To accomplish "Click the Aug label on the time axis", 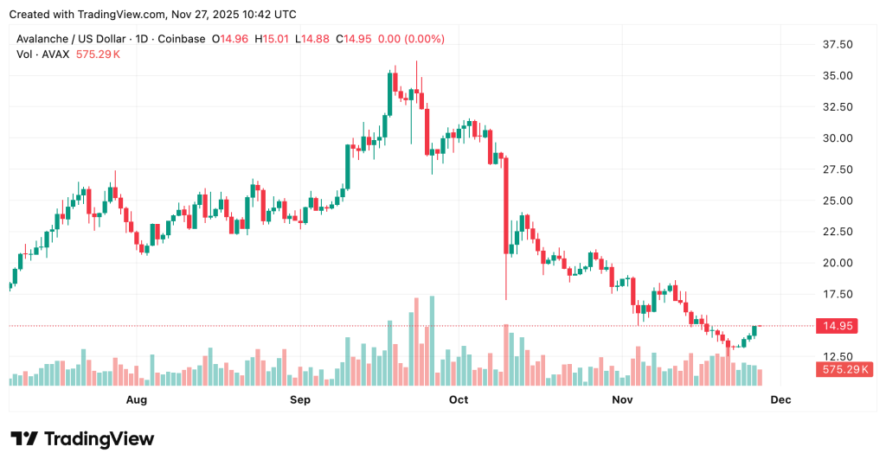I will click(x=137, y=399).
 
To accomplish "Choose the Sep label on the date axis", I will click(x=299, y=399).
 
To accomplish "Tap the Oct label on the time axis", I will click(x=459, y=399).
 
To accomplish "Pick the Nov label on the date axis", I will click(x=621, y=399).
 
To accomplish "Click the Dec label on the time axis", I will click(x=780, y=399).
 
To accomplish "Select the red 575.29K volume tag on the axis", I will click(x=844, y=369).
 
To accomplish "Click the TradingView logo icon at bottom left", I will click(x=24, y=439).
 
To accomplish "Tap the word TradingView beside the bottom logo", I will click(x=99, y=439).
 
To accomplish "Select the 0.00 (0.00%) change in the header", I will click(x=412, y=39).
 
